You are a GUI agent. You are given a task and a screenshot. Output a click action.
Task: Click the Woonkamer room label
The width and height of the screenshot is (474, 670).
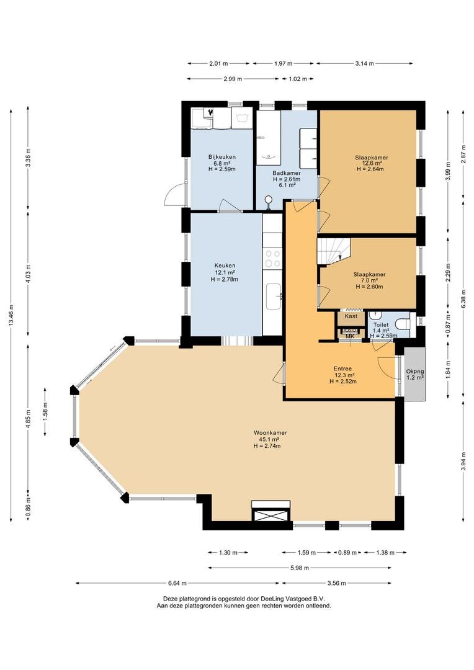(x=270, y=432)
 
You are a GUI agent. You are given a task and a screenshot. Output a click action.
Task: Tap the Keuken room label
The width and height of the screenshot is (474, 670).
(x=225, y=266)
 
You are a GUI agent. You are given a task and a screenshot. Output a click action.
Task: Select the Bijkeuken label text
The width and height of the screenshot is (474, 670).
(x=222, y=157)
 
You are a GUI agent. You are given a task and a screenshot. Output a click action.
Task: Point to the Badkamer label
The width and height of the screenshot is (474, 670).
(x=287, y=173)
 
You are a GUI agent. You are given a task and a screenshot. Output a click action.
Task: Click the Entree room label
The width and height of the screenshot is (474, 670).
(x=343, y=368)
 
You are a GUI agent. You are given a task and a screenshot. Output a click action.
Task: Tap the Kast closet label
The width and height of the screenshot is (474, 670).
(x=351, y=316)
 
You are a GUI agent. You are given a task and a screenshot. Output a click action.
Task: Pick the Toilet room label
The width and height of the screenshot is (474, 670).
(x=381, y=325)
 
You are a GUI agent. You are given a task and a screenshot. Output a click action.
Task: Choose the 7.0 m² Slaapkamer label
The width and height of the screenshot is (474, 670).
(x=370, y=275)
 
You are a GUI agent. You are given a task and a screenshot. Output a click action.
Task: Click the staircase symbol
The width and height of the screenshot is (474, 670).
(x=334, y=251)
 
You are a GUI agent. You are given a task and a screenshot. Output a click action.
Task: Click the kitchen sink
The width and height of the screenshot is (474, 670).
(x=273, y=296)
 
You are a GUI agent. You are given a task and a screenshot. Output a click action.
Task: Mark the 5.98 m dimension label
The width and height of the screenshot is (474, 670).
(x=299, y=568)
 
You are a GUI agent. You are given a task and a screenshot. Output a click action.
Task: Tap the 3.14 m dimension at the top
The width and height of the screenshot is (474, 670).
(x=365, y=64)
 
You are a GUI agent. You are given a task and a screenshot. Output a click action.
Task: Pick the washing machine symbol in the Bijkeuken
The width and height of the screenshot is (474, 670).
(x=243, y=118)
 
